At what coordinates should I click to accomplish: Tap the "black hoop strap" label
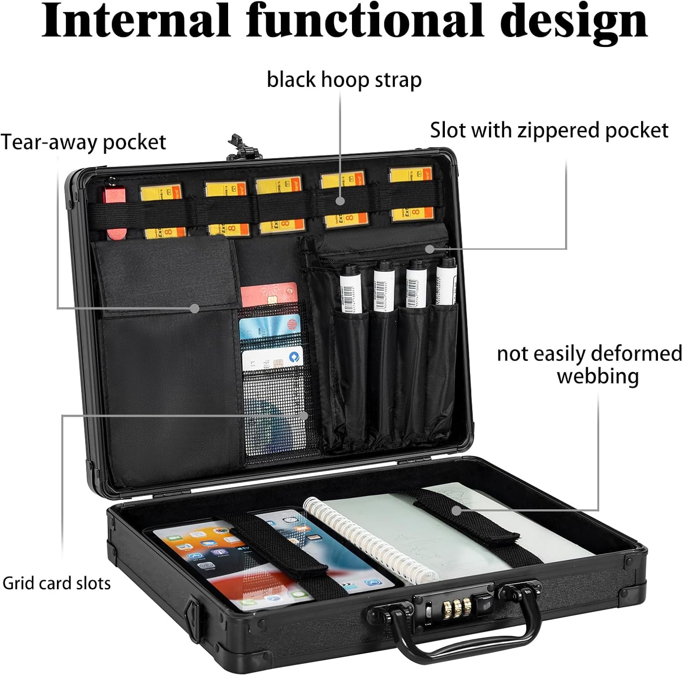point(344,80)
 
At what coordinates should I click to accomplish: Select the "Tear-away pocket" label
point(83,142)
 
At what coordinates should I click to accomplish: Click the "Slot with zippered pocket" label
point(549,130)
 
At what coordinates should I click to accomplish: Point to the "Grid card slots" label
point(56,584)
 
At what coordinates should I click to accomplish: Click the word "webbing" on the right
point(597,377)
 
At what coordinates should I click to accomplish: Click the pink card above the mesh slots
point(269,295)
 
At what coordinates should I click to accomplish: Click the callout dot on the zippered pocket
point(428,249)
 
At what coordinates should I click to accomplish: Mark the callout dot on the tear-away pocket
point(195,308)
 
